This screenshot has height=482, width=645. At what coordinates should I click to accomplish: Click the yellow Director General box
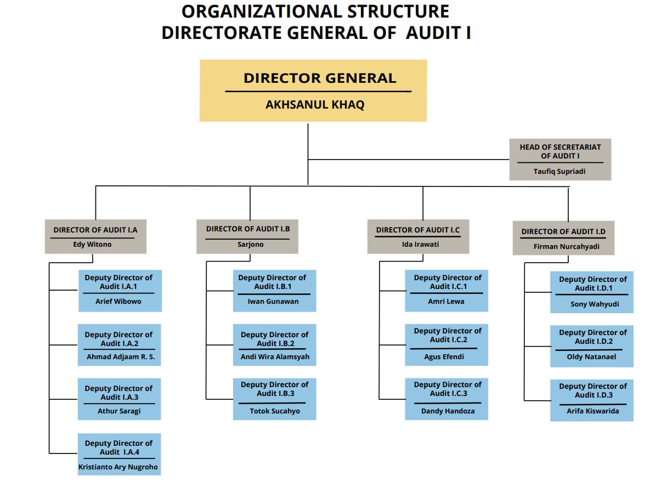coord(313,90)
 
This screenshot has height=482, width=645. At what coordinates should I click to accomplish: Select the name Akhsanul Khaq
coord(315,105)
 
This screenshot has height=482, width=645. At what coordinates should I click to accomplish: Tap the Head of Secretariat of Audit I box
coord(560,159)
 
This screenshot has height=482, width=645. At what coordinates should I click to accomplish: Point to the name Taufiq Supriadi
coord(559,172)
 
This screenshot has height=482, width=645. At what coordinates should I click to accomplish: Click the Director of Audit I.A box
coord(95,236)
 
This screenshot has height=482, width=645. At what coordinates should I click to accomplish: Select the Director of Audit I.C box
coord(418,236)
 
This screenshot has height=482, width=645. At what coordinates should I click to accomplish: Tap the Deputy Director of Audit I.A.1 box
coord(120,290)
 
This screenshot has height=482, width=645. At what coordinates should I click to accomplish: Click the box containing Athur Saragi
coord(119,399)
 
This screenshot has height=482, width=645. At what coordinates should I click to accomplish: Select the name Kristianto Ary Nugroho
coord(118,467)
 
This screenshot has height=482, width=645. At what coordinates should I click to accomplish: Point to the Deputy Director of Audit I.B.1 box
coord(274,290)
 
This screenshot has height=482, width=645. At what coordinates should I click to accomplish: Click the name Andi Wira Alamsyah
coord(275,357)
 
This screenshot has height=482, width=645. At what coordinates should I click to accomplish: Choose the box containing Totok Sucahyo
coord(274,399)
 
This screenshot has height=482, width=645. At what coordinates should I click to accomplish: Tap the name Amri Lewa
coord(446,302)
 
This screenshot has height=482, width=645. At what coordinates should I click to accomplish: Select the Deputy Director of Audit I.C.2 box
coord(446,344)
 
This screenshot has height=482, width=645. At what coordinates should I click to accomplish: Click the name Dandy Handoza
coord(448,411)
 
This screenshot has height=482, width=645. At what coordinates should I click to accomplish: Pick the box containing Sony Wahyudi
coord(591,292)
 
